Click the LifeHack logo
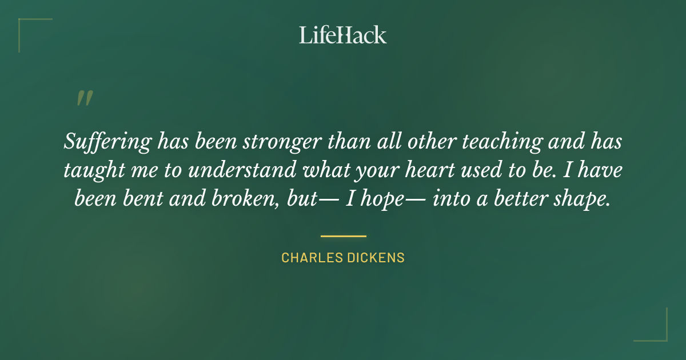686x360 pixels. click(343, 34)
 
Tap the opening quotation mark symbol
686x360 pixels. click(85, 98)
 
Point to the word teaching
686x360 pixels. click(490, 142)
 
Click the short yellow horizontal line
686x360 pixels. click(343, 235)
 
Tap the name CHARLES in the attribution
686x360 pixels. click(311, 258)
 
